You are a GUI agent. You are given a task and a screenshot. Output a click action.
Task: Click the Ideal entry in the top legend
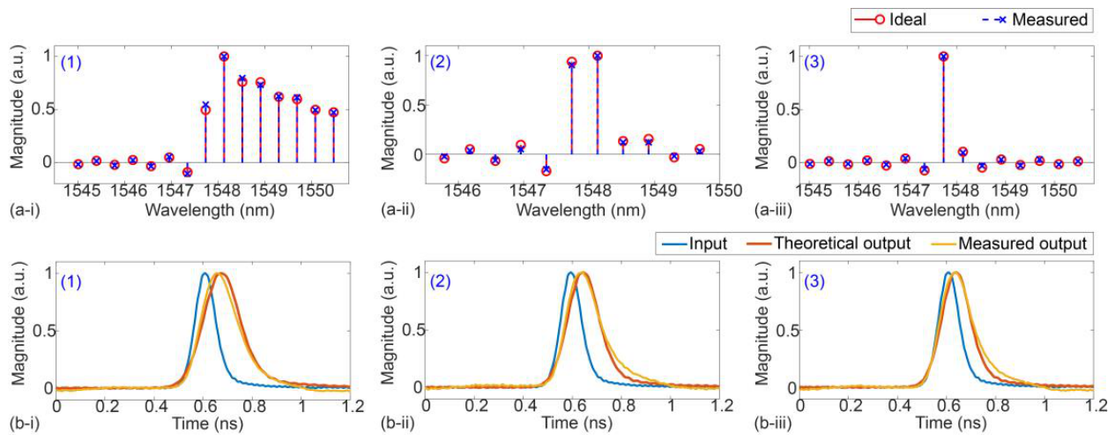(890, 20)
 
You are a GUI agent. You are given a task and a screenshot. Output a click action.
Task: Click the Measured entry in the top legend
(1031, 20)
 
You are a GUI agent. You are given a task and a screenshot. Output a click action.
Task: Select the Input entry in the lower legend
(695, 243)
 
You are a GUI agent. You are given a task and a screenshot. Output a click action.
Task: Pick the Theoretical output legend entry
(829, 243)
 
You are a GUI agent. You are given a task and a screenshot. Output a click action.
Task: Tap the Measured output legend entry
(1008, 243)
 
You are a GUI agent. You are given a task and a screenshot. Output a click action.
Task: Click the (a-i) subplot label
(25, 210)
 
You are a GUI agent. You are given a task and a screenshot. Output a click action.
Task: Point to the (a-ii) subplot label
(398, 210)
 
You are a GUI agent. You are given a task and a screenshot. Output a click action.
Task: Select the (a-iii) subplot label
(773, 210)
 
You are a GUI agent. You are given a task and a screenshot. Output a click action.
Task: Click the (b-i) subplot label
(25, 424)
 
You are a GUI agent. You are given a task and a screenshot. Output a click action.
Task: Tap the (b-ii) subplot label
(398, 424)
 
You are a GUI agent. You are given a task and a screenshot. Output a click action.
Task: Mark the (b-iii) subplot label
(773, 424)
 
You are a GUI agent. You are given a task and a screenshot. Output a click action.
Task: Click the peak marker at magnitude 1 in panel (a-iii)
(943, 56)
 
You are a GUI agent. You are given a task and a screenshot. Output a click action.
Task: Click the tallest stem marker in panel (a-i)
(224, 56)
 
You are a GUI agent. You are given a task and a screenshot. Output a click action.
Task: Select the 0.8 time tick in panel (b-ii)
(623, 406)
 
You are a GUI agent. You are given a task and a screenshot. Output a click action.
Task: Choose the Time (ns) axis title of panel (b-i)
(208, 424)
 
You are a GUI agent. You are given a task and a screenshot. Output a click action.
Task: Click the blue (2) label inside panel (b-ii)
(441, 282)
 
